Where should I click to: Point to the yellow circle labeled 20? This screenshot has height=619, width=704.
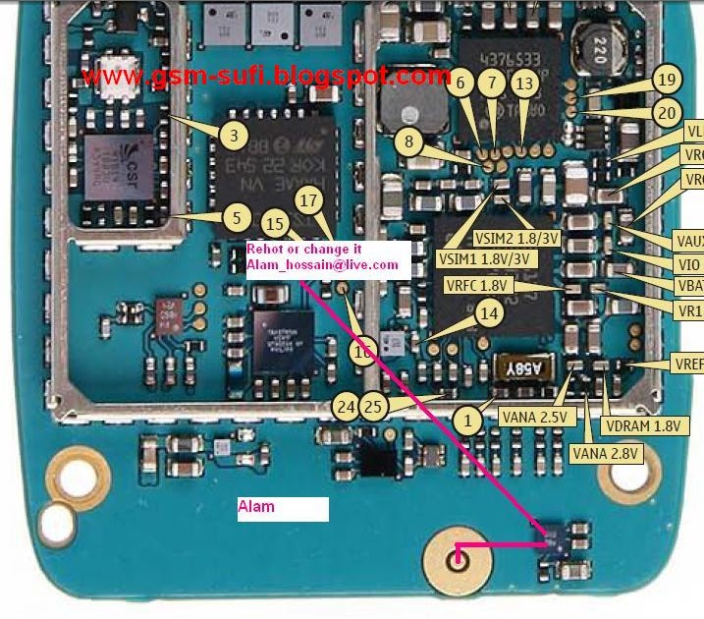[668, 112]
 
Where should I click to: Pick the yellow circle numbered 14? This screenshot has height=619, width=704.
[488, 314]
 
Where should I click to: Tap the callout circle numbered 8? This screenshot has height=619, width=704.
[408, 142]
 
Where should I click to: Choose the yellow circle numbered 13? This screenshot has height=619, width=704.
[526, 84]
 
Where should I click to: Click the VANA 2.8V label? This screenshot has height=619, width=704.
[606, 453]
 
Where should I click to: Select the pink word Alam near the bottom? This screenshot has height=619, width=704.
[256, 507]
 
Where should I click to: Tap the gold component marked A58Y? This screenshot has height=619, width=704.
[531, 368]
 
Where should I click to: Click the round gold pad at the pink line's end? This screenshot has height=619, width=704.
[456, 559]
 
